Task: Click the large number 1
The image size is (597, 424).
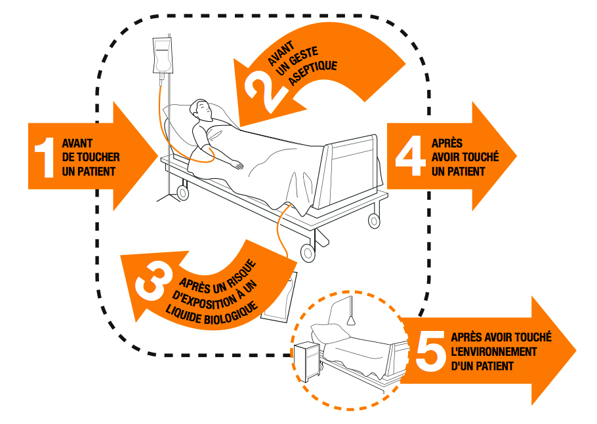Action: click(43, 157)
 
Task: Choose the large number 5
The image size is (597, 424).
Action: click(430, 352)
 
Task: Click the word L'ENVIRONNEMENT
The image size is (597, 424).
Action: click(494, 352)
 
